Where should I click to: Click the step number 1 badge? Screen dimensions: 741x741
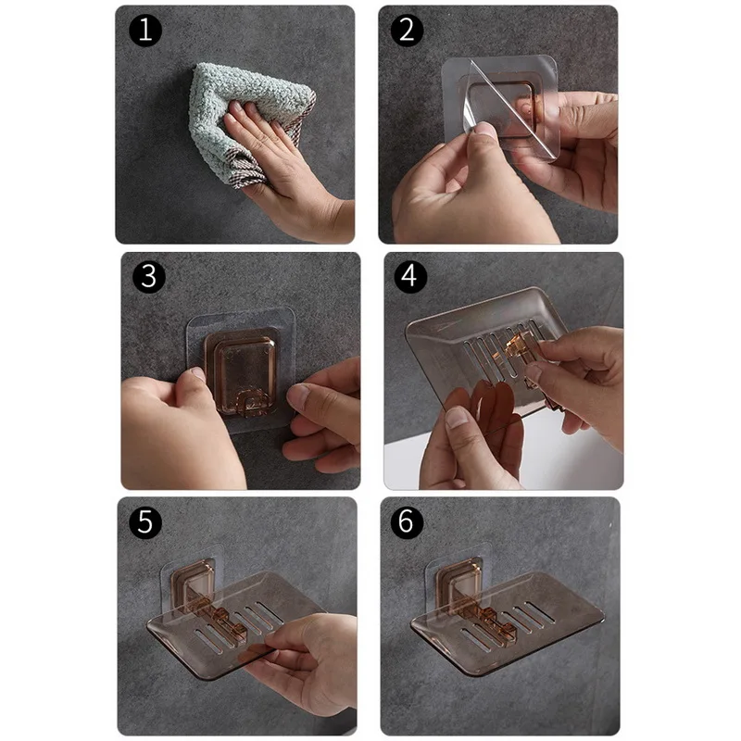[x=145, y=31]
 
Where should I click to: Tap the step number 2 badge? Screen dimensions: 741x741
[x=407, y=31]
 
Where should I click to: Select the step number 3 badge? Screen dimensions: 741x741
[x=149, y=276]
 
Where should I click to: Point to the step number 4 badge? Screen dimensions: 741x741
[x=410, y=276]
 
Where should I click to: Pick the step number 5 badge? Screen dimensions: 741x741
[x=145, y=522]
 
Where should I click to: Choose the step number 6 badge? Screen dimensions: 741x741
[x=407, y=522]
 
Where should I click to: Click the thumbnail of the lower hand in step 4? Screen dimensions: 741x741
[x=457, y=418]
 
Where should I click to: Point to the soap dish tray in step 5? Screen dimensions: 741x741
[x=232, y=623]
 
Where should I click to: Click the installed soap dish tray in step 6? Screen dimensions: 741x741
[x=506, y=623]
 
